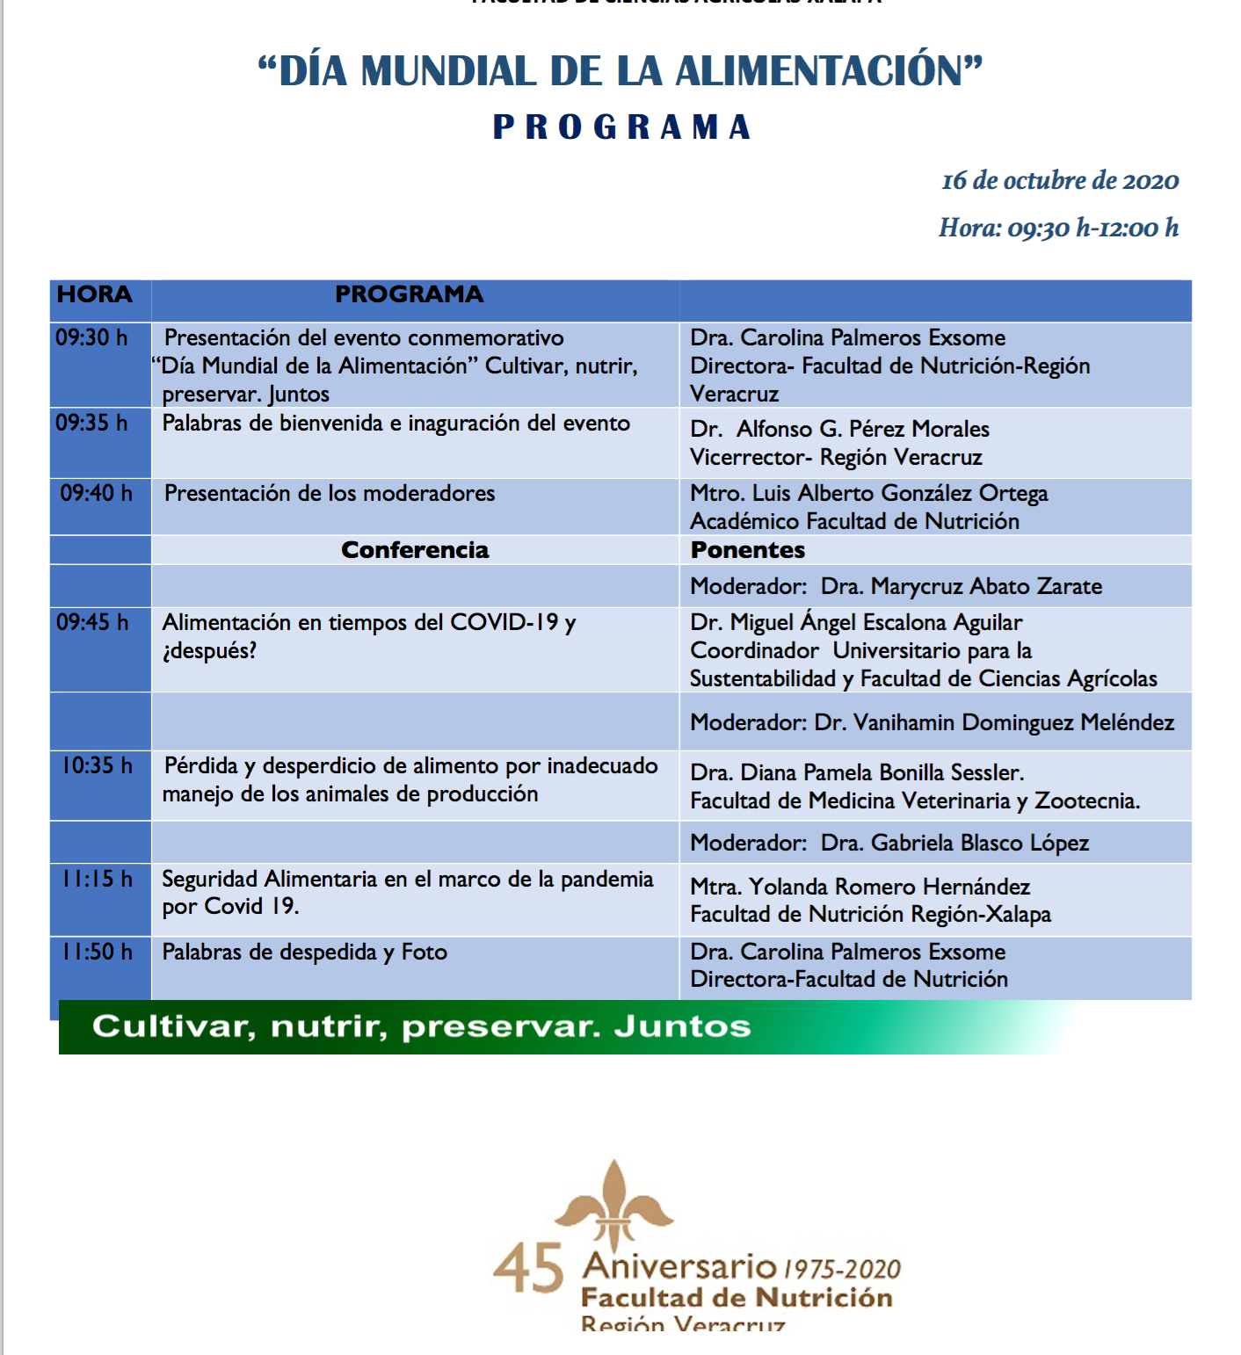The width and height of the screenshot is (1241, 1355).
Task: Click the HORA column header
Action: coord(95,294)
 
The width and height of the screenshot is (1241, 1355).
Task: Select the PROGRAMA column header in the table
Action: coord(409,294)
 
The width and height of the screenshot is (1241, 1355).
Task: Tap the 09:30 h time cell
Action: coord(91,337)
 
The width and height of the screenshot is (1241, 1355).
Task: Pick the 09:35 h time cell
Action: coord(91,423)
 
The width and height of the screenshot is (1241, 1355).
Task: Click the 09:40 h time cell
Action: coord(96,493)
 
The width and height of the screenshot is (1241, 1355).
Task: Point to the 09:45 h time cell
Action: coord(92,622)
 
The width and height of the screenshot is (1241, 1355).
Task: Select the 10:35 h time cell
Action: coord(97,765)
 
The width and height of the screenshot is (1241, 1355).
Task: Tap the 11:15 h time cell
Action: coord(97,879)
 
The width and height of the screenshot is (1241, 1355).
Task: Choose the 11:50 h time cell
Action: coord(97,952)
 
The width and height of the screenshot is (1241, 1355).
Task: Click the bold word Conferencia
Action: coord(415,550)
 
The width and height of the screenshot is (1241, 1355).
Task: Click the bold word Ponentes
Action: coord(748,550)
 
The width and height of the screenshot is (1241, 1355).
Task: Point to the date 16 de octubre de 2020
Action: coord(1060,181)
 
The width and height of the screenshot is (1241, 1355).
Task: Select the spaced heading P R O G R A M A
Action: coord(621,127)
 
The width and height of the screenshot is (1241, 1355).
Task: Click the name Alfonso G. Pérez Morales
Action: coord(862,429)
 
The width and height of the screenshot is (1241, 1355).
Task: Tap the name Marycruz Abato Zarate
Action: coord(985,586)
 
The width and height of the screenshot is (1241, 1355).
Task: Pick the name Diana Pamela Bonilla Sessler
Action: coord(882,772)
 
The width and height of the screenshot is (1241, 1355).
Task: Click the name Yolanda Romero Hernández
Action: coord(889,887)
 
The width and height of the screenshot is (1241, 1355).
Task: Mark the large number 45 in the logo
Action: coord(528,1268)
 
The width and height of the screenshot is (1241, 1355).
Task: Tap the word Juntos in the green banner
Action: coord(682,1026)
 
